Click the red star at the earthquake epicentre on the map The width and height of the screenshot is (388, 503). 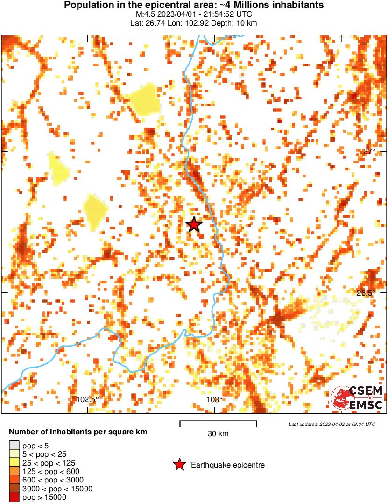click(x=194, y=225)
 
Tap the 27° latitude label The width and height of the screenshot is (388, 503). click(x=369, y=151)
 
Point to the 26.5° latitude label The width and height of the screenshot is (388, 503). click(x=366, y=293)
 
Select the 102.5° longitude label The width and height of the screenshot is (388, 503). click(x=87, y=399)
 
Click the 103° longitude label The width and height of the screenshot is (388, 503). click(x=214, y=399)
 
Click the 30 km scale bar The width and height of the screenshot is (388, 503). click(x=218, y=423)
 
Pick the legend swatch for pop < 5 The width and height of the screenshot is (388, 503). click(x=14, y=445)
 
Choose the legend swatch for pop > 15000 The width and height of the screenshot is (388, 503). click(x=14, y=497)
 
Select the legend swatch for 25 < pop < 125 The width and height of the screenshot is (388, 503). click(x=14, y=462)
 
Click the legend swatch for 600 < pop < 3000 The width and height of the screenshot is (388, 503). click(x=14, y=480)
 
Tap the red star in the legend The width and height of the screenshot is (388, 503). click(x=179, y=465)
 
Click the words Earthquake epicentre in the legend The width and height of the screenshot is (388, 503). click(x=228, y=465)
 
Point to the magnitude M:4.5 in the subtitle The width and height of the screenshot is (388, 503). click(x=144, y=14)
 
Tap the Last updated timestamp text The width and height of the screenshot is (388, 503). click(x=332, y=424)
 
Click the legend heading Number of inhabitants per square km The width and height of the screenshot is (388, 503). click(x=78, y=432)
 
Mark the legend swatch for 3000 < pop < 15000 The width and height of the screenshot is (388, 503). click(x=14, y=489)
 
